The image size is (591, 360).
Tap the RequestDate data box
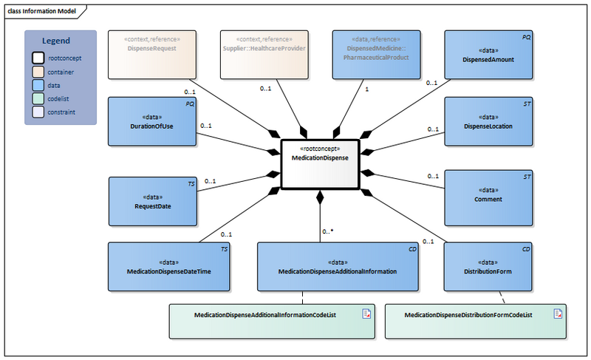point(153,201)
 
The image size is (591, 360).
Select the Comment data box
point(488,197)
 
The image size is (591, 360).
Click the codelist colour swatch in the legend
point(38,99)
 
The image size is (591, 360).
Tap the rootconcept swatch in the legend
point(38,57)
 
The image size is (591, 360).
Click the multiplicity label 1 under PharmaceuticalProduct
point(366,88)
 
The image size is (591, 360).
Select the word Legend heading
point(56,41)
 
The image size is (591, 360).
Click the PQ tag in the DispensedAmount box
point(526,36)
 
